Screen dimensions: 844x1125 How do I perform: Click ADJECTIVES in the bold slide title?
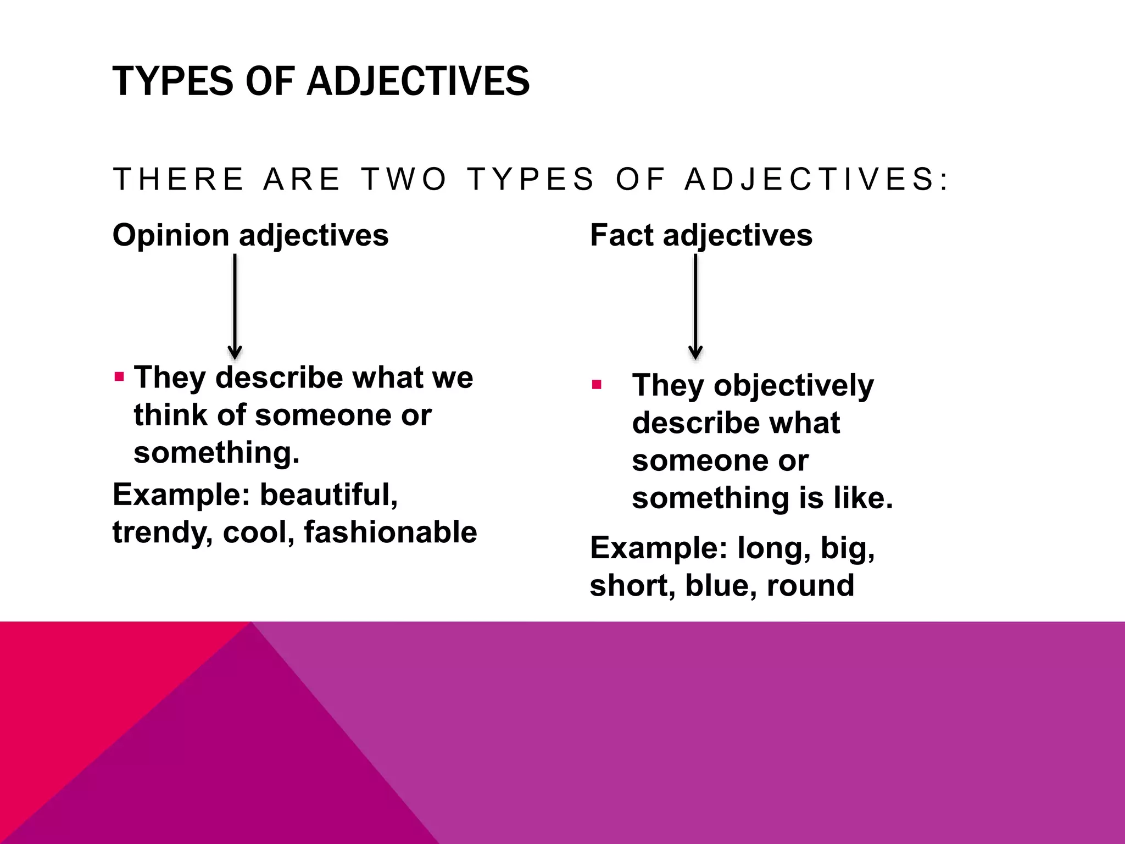pos(418,81)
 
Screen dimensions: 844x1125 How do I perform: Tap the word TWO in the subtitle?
pos(404,180)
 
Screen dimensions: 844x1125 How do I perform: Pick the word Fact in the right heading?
pos(622,236)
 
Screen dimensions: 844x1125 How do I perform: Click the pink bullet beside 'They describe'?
pos(119,377)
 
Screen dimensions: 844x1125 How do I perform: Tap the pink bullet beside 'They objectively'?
pos(597,385)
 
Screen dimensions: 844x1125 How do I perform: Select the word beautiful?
pos(328,495)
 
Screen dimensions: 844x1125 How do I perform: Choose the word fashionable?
pos(390,532)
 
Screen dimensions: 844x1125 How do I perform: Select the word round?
pos(811,586)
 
